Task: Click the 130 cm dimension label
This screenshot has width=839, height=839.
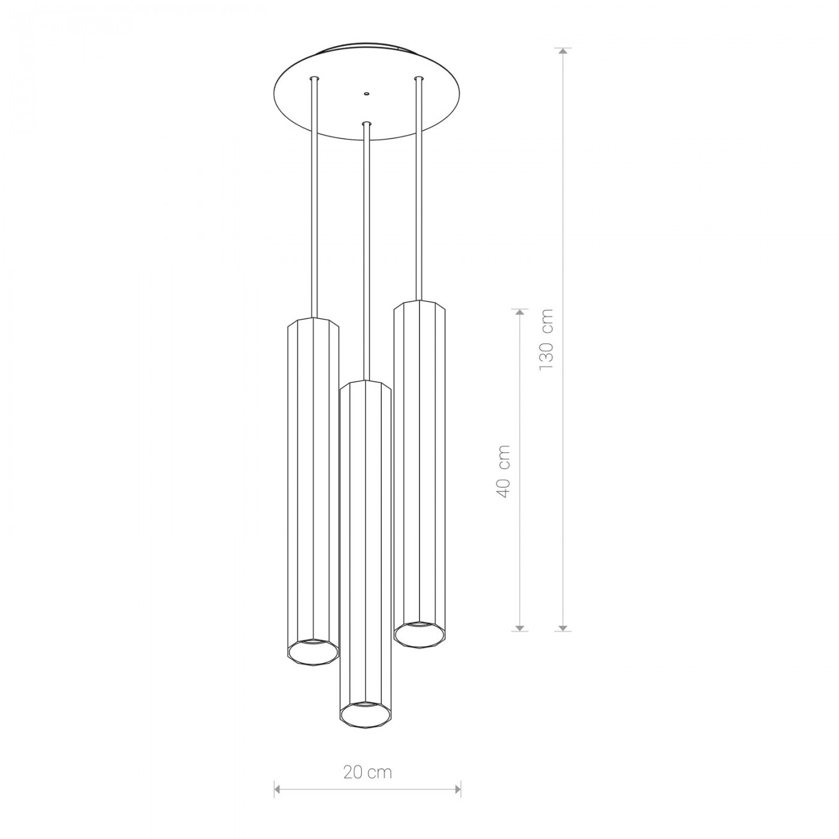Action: tap(546, 340)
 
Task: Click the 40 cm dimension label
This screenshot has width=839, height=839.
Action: tap(503, 471)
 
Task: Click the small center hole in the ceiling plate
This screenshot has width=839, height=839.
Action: tap(367, 93)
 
